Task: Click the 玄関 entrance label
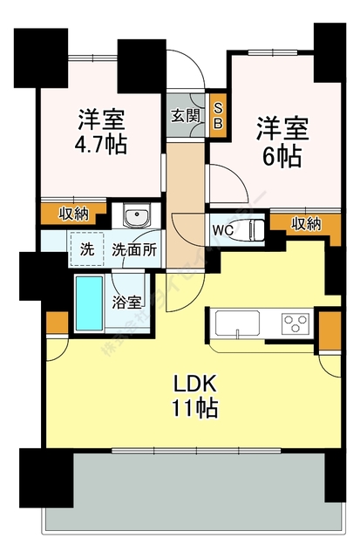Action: (184, 115)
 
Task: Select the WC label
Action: (221, 230)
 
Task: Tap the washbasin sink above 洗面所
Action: (135, 216)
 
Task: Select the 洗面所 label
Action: (134, 249)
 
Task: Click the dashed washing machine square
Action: (86, 248)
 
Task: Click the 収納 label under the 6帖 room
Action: (305, 223)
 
